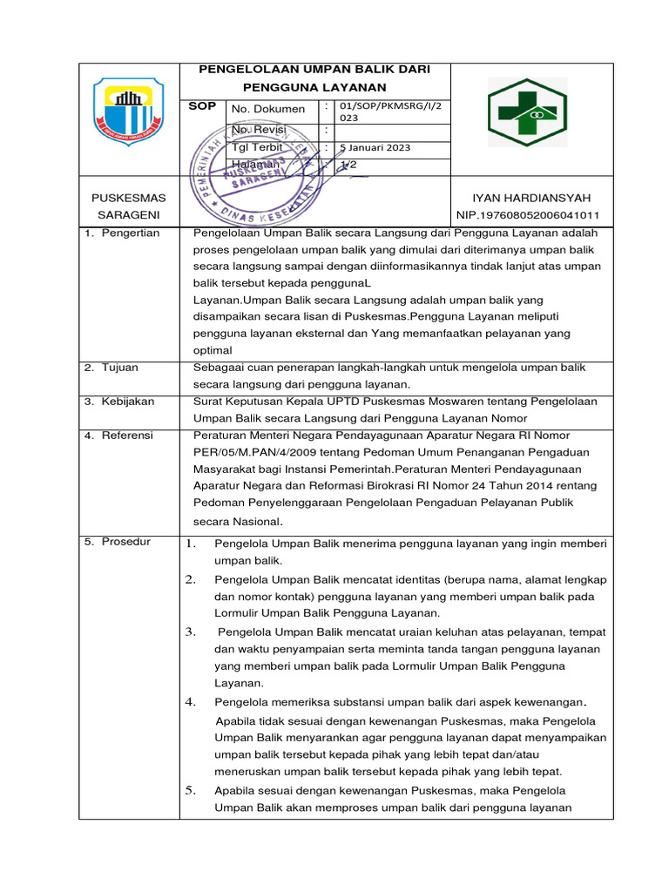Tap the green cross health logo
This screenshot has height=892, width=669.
coord(527,112)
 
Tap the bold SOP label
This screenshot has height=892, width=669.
coord(203,105)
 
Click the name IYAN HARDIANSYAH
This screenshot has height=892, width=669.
coord(527,198)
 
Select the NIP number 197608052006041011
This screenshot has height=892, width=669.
coord(527,215)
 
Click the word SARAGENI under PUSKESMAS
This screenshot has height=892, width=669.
coord(128,214)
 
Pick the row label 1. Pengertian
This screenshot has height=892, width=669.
coord(123,233)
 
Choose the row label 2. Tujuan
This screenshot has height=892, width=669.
coord(112,368)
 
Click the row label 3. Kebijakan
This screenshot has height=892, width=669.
coord(119,401)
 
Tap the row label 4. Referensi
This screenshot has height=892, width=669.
coord(118,434)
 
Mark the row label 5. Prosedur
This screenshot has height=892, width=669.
coord(118,542)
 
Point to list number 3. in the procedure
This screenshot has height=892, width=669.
coord(191,632)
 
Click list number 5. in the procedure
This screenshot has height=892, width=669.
coord(191,791)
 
